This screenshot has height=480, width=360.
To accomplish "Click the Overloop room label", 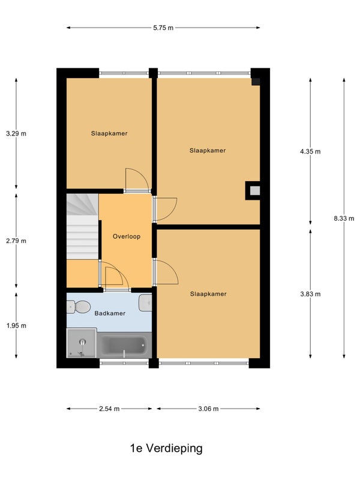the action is [127, 236].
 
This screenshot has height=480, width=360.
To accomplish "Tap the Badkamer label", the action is [110, 313].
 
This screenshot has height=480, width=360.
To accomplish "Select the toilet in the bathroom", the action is [79, 307].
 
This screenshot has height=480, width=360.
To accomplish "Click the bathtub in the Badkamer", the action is [124, 345].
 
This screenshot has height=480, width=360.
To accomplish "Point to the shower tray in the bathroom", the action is [82, 343].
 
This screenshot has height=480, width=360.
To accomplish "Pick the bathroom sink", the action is [145, 303].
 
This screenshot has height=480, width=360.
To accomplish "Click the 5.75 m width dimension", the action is [163, 28].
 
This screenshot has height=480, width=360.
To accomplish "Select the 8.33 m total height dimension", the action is [344, 218].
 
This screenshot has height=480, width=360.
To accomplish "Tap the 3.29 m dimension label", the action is [16, 133].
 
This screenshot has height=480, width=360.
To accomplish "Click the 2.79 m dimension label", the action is [16, 241].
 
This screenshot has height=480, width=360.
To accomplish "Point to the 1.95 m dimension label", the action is [16, 326].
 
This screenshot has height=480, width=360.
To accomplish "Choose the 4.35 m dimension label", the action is [310, 151].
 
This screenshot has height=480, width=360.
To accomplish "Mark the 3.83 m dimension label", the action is [310, 294].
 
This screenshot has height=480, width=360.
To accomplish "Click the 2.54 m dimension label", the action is [109, 409].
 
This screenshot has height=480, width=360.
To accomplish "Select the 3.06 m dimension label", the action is [208, 409].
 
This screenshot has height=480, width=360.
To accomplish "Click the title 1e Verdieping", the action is [166, 448].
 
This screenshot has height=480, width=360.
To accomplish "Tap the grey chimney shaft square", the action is [254, 191].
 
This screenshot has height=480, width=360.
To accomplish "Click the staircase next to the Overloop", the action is [83, 227].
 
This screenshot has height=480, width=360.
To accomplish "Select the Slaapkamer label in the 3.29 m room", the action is [109, 133].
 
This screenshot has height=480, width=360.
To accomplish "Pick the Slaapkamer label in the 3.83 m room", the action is [208, 294].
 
